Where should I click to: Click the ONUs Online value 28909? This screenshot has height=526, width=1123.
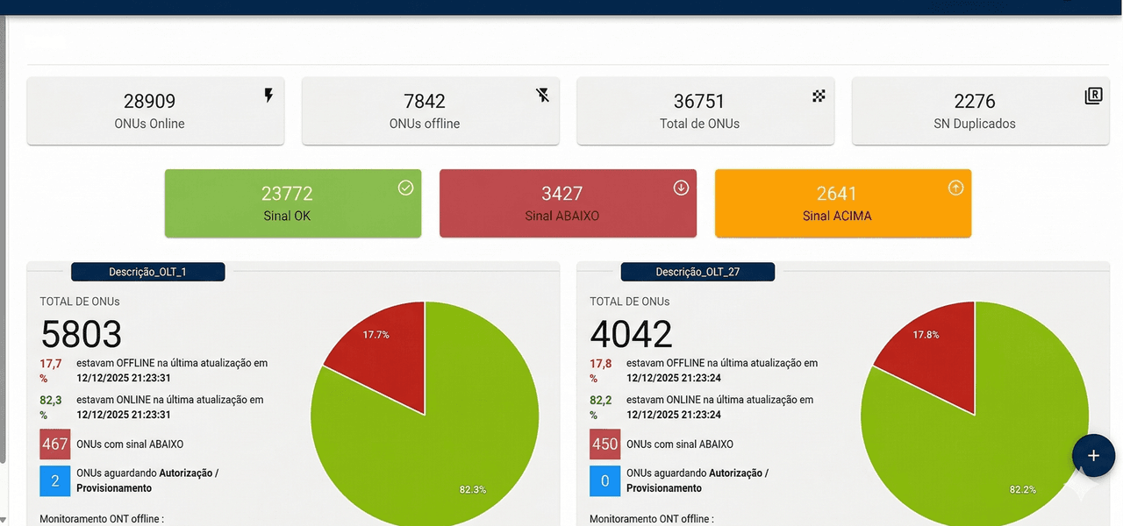point(149,102)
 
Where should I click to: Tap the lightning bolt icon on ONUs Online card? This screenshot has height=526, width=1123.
point(268,96)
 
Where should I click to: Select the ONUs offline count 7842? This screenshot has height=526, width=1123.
point(425,102)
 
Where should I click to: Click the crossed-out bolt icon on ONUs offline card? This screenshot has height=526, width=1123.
point(543,96)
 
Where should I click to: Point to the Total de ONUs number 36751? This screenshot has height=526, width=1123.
point(699,102)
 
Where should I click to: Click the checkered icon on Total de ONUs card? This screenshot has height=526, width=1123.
point(819,96)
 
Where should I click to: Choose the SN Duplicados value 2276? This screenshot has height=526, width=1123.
point(975,102)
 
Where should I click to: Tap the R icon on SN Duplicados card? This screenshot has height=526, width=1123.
point(1093,96)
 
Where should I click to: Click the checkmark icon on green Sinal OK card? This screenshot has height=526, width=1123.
point(405,188)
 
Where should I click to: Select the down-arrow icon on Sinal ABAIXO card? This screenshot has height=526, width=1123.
point(681,188)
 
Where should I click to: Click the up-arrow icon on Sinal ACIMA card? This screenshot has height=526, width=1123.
point(956,188)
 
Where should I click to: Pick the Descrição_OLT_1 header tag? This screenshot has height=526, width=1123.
point(147,272)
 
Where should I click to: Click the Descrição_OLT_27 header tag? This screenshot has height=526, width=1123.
point(697,272)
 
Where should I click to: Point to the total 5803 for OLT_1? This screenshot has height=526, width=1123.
point(82,334)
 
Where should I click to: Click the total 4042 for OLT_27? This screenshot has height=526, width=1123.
point(632,334)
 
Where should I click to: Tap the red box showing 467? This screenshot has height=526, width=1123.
point(54,444)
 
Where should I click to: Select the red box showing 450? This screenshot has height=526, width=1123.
point(604,444)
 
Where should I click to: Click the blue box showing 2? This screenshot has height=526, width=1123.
point(54,480)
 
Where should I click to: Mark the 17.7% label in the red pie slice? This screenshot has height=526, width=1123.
point(376,335)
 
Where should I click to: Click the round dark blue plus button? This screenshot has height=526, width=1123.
point(1093,456)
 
